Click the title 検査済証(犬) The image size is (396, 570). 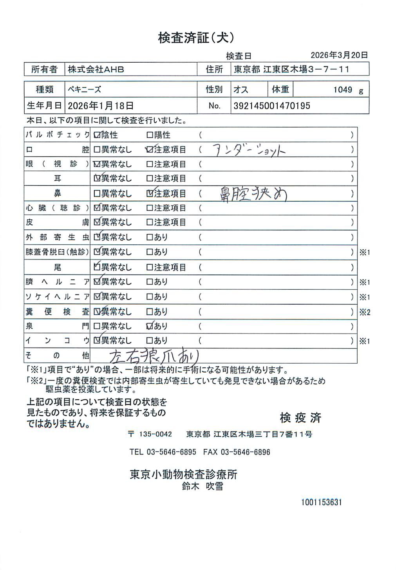[x=196, y=38]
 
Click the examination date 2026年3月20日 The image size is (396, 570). [x=339, y=55]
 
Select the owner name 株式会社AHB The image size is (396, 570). [x=96, y=69]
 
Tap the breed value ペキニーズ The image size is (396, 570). [x=84, y=89]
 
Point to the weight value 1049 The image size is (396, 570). [x=343, y=90]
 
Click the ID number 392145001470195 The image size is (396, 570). [x=272, y=106]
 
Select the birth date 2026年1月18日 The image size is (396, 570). [x=101, y=106]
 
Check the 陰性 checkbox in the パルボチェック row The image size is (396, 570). [x=97, y=135]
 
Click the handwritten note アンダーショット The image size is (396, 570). [x=249, y=150]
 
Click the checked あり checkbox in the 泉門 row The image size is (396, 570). [x=150, y=326]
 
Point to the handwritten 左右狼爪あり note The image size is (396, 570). [x=154, y=356]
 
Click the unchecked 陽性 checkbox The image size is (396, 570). [x=150, y=135]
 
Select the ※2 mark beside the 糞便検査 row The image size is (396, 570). [x=365, y=312]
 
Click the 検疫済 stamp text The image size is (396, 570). [x=300, y=418]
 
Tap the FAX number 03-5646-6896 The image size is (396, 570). [x=246, y=452]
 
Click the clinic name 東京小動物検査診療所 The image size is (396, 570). [x=184, y=474]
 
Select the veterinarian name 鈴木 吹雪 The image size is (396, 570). [x=203, y=486]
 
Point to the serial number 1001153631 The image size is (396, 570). [x=322, y=502]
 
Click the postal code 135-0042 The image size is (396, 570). [x=156, y=434]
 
